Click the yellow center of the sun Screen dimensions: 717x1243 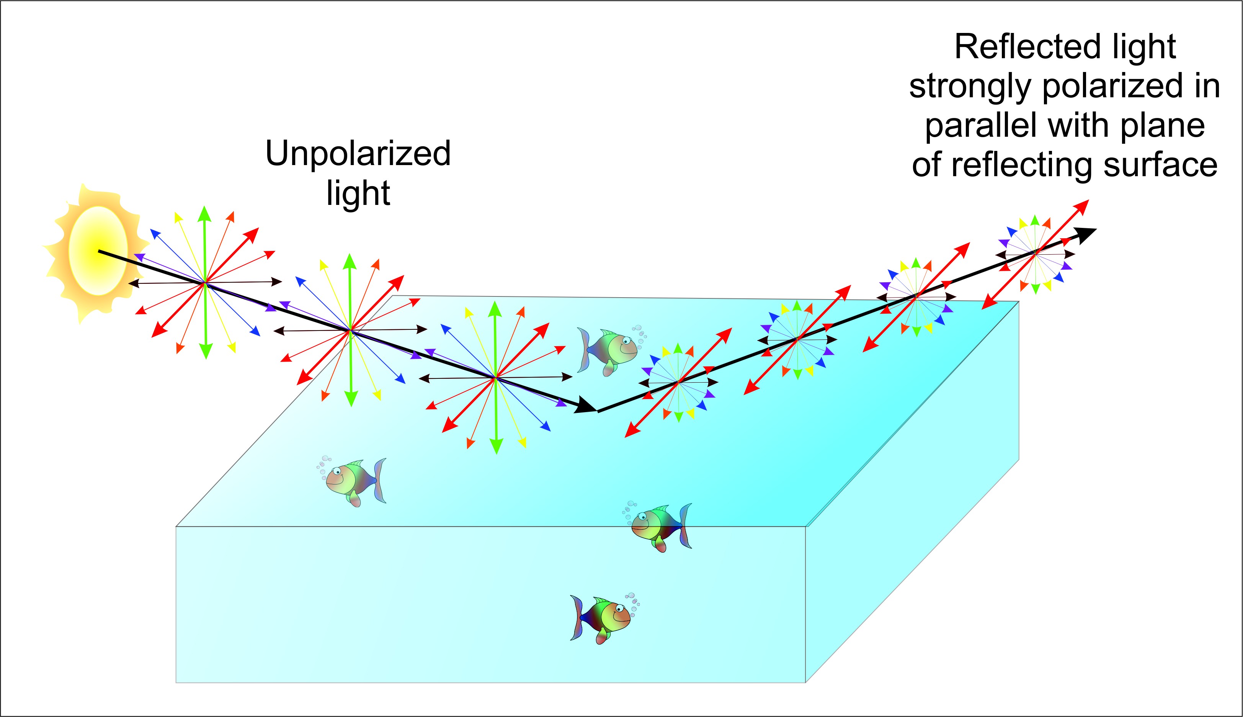(98, 251)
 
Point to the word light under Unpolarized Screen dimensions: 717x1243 (358, 193)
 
